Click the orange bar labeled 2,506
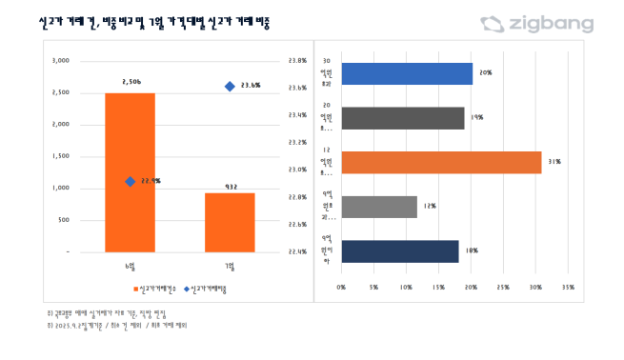point(130,172)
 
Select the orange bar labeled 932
point(230,222)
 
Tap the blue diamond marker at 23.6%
point(230,87)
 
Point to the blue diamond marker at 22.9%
point(130,181)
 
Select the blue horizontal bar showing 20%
point(407,73)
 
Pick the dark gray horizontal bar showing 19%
point(403,117)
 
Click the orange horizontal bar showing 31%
point(441,162)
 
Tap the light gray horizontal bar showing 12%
point(379,207)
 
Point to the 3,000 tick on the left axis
point(60,60)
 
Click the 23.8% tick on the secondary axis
point(296,60)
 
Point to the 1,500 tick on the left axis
point(60,156)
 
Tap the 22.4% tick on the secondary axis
point(296,252)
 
